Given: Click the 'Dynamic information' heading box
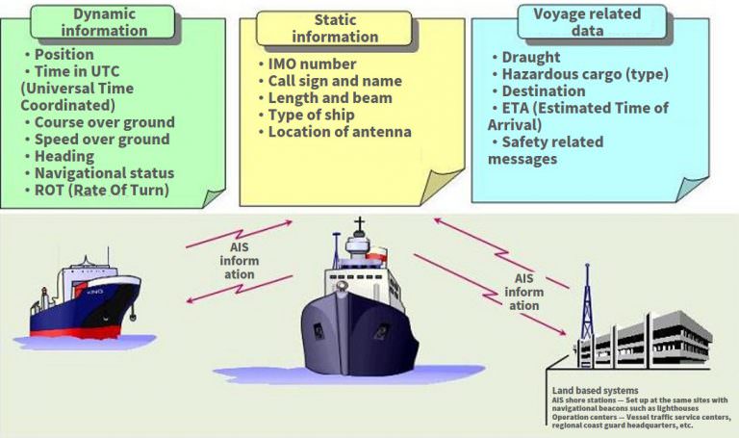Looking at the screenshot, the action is [x=103, y=22].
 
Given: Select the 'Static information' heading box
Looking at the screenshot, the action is [x=334, y=28].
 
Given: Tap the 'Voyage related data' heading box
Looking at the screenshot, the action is [x=592, y=22].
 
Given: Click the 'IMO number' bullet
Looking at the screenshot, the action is [x=307, y=64].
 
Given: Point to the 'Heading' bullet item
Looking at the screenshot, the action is [x=60, y=156].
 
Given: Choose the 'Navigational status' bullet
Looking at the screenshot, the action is [x=100, y=173].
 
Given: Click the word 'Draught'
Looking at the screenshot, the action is [x=531, y=57].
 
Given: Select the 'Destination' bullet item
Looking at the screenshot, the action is [x=539, y=91].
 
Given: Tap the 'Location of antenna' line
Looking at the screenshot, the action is [x=335, y=132].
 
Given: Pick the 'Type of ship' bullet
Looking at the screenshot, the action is [x=306, y=115].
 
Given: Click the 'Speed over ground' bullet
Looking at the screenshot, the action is [x=97, y=139].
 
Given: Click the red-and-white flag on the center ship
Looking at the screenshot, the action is [x=377, y=253].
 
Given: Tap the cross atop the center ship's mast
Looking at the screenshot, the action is [x=360, y=224].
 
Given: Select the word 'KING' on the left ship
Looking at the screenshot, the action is [x=94, y=292].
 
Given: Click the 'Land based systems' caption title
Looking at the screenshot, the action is [x=596, y=391].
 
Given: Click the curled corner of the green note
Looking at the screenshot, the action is [x=213, y=198].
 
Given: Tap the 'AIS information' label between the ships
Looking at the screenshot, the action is [x=239, y=261].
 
